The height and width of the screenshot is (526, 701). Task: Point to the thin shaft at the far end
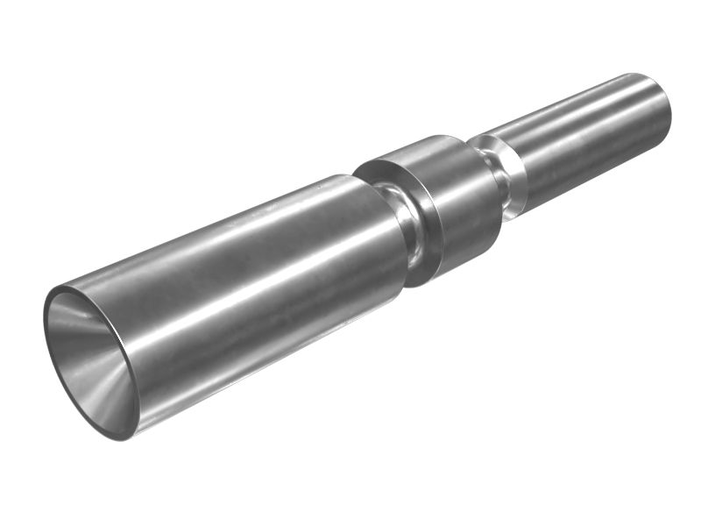pyautogui.click(x=587, y=140)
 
